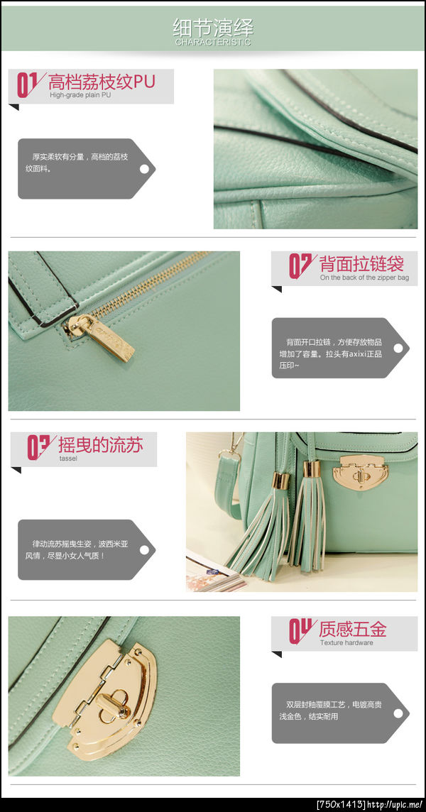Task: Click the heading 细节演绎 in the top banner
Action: point(213,27)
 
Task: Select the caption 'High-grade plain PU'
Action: point(80,95)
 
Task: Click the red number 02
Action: point(300,266)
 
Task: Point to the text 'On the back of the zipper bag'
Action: point(364,278)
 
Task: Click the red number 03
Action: point(38,447)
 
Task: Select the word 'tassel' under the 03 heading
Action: point(68,459)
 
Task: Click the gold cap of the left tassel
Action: point(281,480)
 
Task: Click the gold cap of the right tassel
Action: point(312,469)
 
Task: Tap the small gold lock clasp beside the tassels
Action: point(360,472)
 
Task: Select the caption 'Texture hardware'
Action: point(346,642)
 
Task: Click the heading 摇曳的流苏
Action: point(101,445)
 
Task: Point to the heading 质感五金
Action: point(353,629)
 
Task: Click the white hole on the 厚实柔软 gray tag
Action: point(145,169)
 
